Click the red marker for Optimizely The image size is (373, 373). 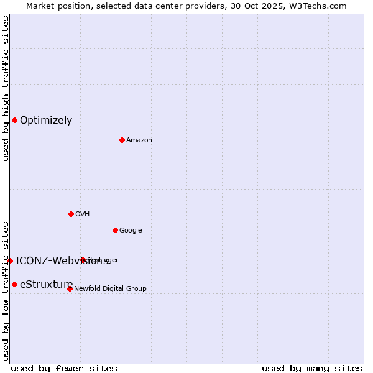point(14,120)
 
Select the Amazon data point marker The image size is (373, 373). point(122,140)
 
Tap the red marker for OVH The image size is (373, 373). point(71,214)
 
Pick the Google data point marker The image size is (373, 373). point(115,230)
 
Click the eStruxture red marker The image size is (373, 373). point(14,284)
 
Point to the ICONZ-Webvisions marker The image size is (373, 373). point(10,260)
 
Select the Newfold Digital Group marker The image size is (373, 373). point(70,288)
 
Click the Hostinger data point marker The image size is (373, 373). point(83,260)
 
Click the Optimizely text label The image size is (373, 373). point(46,121)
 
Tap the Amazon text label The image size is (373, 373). point(139,140)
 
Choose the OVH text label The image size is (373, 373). point(83,214)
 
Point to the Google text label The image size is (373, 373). point(131,231)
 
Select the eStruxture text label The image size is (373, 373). point(46,285)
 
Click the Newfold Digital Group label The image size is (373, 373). point(110,289)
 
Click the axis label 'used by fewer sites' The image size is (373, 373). point(64,368)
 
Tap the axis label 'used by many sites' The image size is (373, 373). point(312,368)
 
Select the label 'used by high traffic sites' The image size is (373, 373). point(6,88)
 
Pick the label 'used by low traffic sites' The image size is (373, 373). point(6,290)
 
